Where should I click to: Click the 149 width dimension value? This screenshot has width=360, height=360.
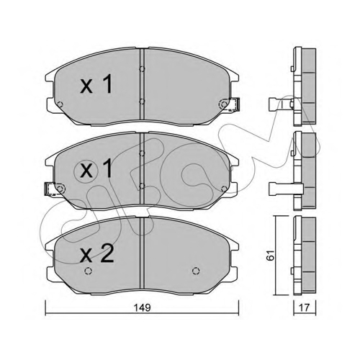click(143, 307)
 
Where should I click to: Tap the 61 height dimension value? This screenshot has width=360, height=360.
click(270, 255)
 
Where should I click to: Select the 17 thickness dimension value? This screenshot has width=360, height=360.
click(305, 307)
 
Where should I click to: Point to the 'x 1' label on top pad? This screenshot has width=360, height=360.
click(96, 84)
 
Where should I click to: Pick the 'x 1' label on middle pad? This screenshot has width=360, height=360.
click(96, 168)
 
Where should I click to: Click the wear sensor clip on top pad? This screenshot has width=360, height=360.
click(234, 104)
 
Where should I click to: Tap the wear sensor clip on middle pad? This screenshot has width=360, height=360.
click(50, 189)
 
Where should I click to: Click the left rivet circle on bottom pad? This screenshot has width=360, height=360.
click(89, 271)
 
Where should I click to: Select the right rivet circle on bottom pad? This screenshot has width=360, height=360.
click(196, 271)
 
